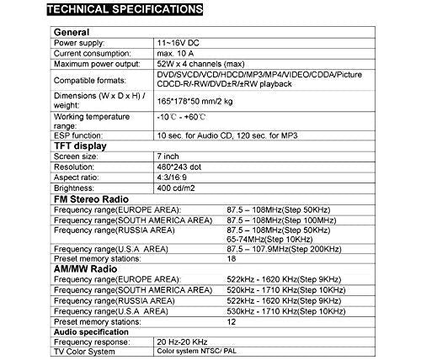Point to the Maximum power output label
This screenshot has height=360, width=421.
pos(95,64)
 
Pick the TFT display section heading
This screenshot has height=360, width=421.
pos(77,145)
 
